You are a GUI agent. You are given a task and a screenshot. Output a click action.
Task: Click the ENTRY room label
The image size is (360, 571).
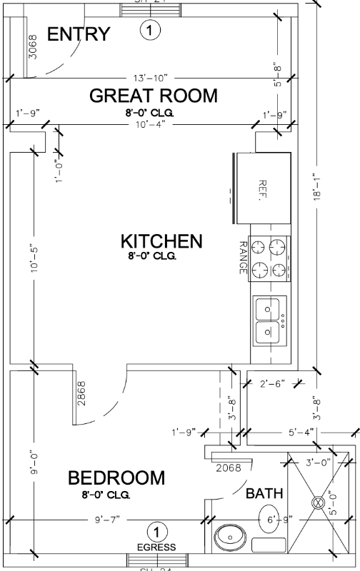pos(79,34)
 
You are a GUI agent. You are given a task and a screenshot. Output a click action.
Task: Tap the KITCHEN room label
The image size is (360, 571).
pos(161,241)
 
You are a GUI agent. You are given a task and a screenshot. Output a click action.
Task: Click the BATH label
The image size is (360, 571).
pos(264,493)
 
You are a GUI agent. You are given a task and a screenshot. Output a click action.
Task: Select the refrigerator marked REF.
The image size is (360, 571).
pos(261,188)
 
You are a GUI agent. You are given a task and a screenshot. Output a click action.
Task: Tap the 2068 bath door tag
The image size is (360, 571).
pos(228,468)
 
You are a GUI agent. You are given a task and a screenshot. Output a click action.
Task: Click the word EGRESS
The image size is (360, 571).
pos(156,547)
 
